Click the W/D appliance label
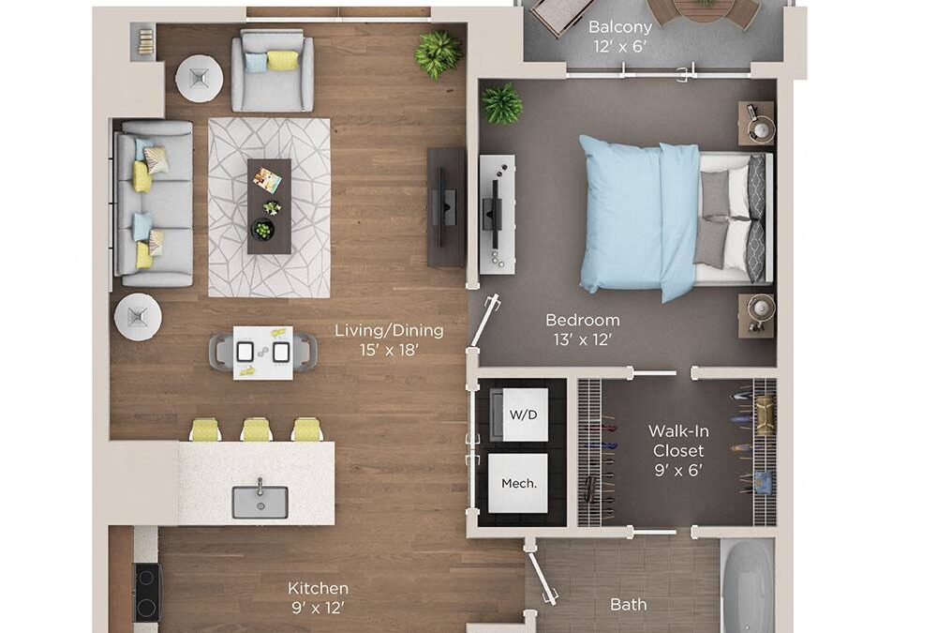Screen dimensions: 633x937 [518, 414]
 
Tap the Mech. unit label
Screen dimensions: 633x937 [518, 484]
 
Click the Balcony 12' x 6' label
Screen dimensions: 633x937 [619, 37]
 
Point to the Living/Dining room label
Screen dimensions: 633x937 [389, 339]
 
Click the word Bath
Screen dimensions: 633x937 [628, 605]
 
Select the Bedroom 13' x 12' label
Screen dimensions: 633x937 [582, 329]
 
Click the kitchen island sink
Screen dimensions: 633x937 [260, 501]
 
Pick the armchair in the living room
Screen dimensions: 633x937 [273, 70]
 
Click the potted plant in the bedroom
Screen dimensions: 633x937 [503, 103]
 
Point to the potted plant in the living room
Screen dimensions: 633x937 [438, 54]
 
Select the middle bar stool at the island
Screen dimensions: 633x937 [256, 430]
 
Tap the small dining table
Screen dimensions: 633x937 [262, 353]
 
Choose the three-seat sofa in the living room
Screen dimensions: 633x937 [154, 203]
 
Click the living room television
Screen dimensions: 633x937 [446, 206]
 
